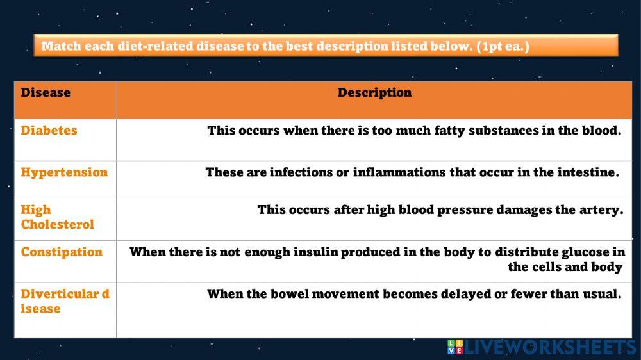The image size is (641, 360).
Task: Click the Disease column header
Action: coord(46,93)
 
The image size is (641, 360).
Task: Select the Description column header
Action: coord(374,93)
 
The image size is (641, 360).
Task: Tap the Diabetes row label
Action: coord(49,131)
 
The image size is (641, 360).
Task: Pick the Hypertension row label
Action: coord(64,172)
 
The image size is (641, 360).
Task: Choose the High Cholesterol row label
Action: coord(57,217)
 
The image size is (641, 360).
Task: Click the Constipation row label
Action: coord(62,252)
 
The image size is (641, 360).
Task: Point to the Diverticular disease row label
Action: coord(65,301)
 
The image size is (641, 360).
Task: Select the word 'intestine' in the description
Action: coord(587,172)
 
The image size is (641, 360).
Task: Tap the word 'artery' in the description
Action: coord(601,210)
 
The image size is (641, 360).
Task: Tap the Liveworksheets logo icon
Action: coord(454,347)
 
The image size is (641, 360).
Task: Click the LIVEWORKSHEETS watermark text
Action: coord(550,347)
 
